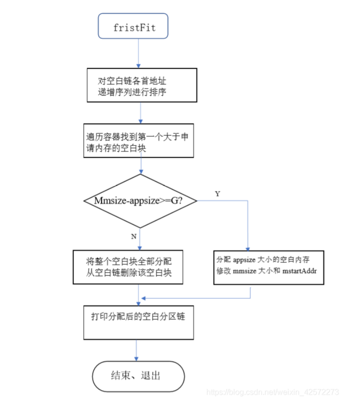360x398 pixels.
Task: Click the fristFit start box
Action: coord(133,27)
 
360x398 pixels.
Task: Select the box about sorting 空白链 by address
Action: coord(141,85)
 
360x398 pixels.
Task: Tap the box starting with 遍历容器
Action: coord(139,141)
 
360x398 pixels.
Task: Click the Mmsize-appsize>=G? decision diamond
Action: coord(140,201)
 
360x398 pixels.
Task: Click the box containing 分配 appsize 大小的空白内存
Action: coord(269,267)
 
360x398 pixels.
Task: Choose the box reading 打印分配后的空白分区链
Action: coord(138,322)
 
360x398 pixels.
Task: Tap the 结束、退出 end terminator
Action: coord(138,375)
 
